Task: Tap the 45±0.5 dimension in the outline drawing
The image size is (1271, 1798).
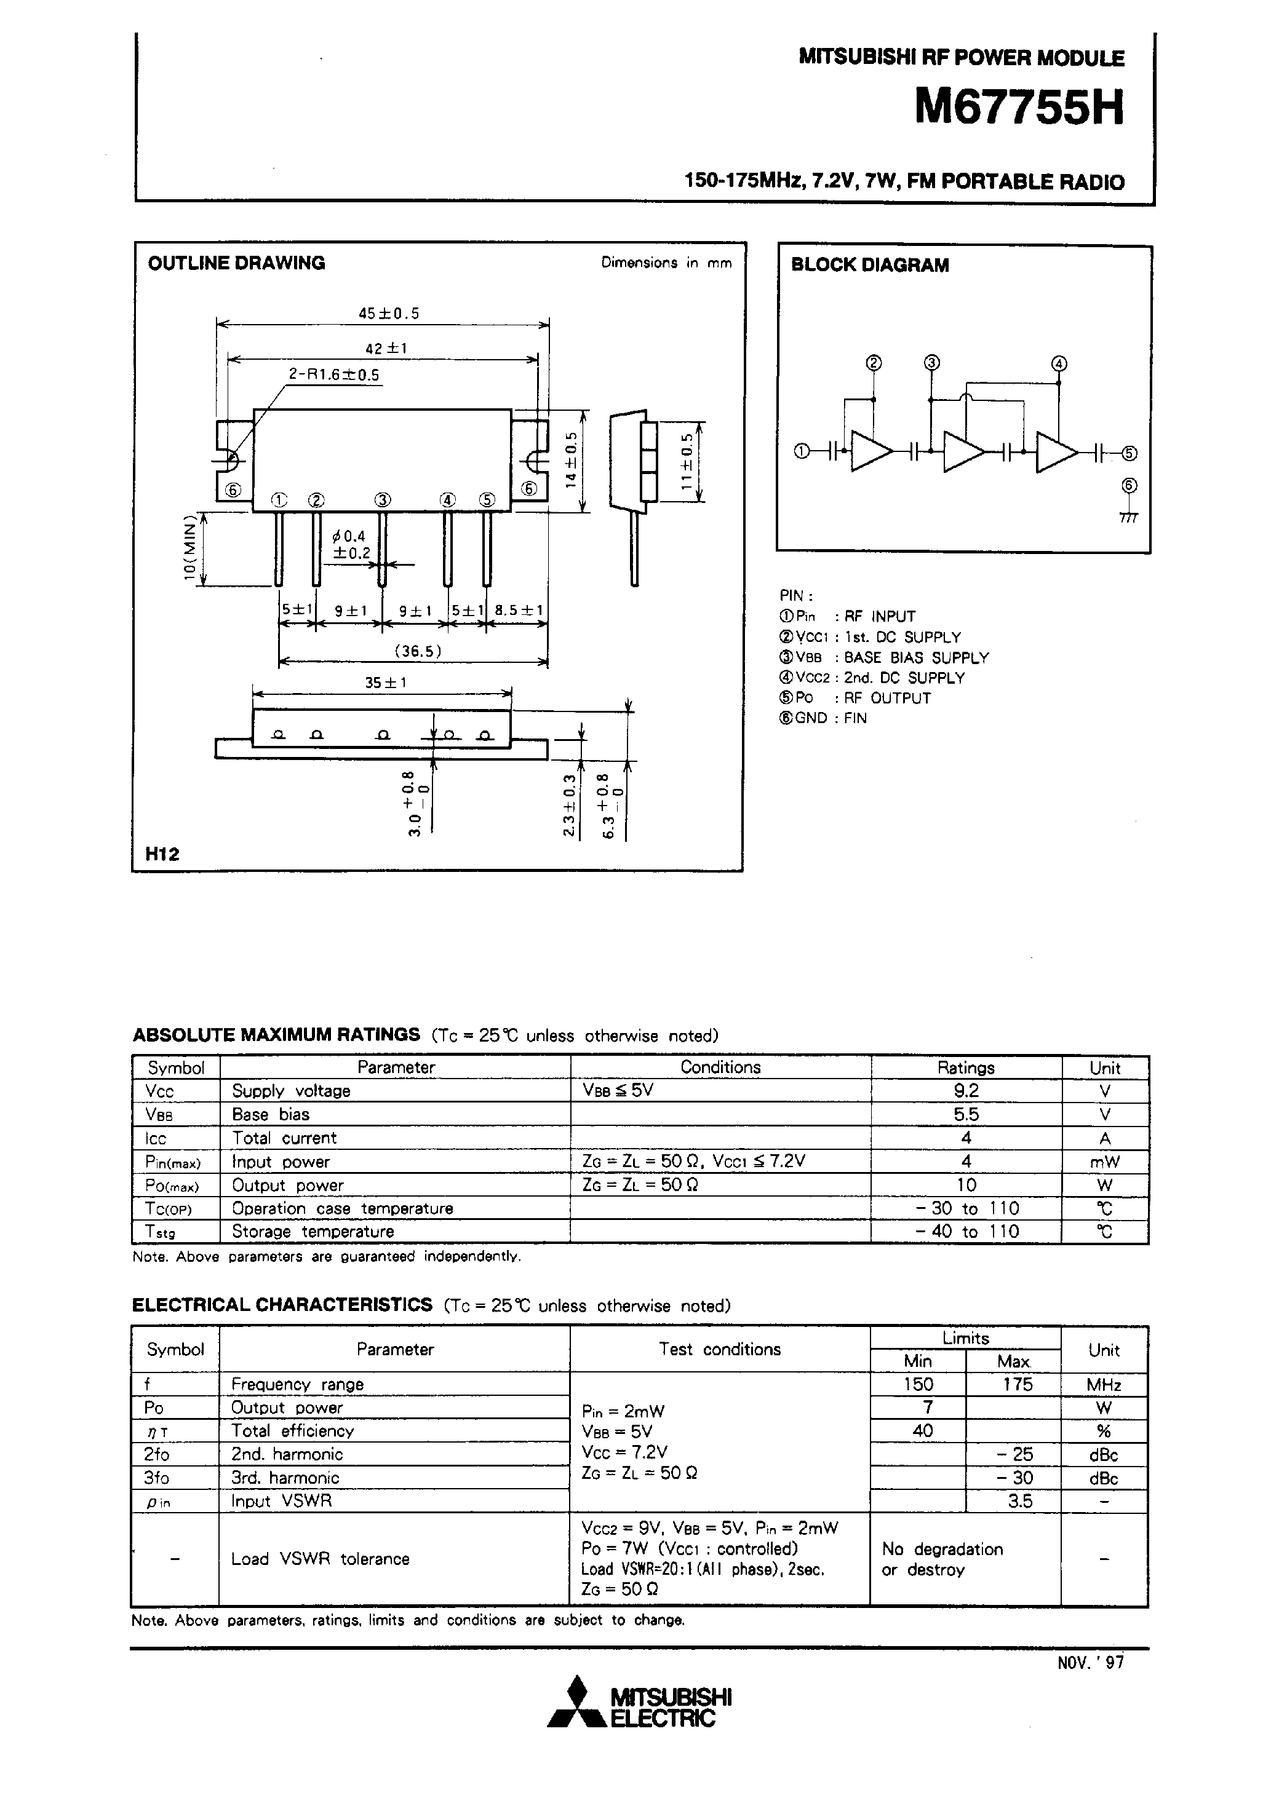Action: (389, 313)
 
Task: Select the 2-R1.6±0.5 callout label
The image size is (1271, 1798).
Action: (334, 375)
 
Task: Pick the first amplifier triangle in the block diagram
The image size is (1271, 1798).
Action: (871, 452)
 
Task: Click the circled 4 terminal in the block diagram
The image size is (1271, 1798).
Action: (1059, 364)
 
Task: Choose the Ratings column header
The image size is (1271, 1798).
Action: (966, 1067)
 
